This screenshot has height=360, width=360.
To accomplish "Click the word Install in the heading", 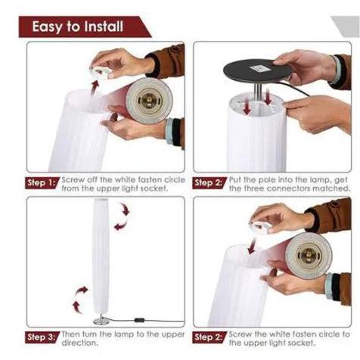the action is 104,26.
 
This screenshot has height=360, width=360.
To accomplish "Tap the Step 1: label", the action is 42,183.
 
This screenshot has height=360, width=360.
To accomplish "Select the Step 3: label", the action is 42,337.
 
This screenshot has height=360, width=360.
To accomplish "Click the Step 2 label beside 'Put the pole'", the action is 209,183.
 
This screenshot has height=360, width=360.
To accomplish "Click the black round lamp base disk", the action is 257,70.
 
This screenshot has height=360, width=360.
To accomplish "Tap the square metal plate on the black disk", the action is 256,67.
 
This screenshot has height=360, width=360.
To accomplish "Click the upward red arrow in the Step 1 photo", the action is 95,88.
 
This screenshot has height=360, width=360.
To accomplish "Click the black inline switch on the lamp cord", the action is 139,321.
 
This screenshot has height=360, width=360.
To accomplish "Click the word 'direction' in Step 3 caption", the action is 79,343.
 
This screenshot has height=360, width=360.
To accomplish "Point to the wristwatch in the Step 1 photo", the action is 174,132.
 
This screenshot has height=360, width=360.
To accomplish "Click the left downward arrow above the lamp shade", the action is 247,108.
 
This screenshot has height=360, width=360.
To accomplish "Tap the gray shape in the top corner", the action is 347,25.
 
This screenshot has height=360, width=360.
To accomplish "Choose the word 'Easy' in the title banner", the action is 46,26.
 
